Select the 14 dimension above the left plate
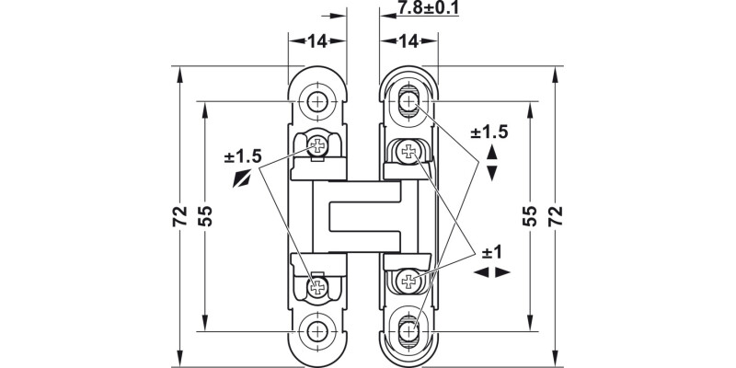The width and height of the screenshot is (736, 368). coord(317,40)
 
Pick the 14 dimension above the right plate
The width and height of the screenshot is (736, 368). coord(408,40)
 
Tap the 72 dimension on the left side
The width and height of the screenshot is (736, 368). coord(179,215)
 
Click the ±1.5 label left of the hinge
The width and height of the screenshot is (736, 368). coord(244,156)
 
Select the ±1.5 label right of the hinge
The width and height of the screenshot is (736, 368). coord(489,132)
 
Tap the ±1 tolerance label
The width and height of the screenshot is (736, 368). coord(491,252)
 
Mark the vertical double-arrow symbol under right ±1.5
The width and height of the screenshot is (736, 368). coord(491,162)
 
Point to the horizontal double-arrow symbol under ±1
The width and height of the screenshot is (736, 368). coord(491,273)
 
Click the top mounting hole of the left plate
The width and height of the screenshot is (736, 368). coord(318,101)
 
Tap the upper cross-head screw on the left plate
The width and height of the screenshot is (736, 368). coord(318,145)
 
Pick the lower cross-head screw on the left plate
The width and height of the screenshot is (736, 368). coord(318,288)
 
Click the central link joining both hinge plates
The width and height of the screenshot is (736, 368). coord(363,216)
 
